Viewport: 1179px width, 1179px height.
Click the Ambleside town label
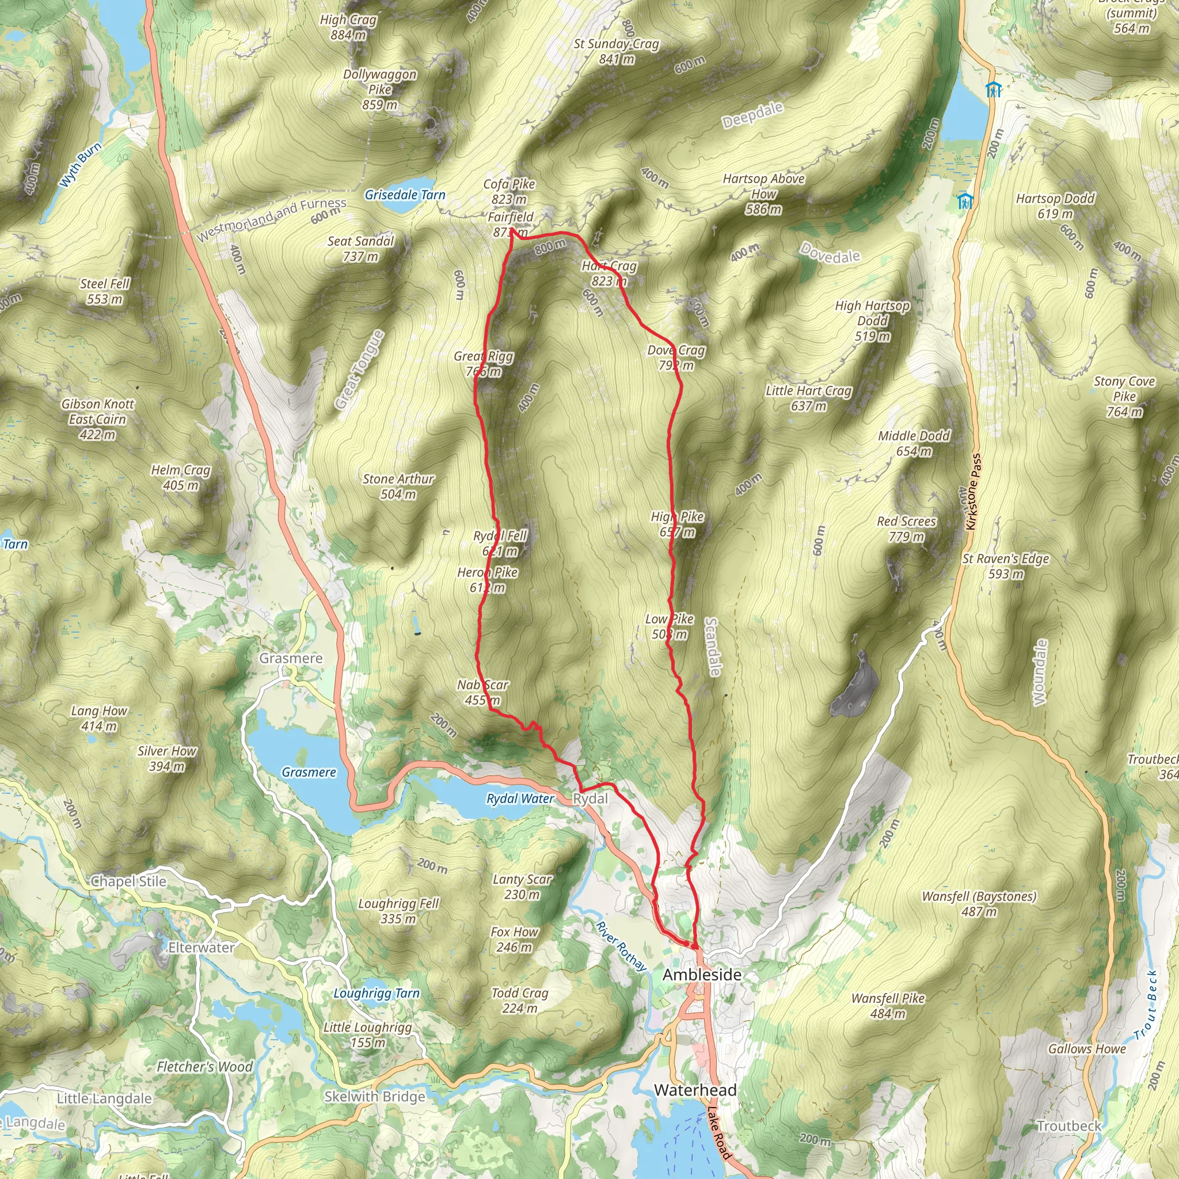point(702,975)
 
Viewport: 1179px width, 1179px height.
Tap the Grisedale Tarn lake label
point(405,195)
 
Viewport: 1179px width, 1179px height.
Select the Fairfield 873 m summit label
point(510,224)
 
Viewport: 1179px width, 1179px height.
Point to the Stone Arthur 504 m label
point(398,486)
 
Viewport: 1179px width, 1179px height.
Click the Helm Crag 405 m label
point(181,477)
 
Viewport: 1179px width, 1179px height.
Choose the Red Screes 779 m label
point(906,528)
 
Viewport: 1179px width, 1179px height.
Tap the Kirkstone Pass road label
point(974,492)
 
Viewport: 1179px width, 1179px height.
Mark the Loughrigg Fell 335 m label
point(398,911)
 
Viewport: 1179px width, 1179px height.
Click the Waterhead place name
point(695,1090)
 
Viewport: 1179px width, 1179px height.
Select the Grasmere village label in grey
point(291,659)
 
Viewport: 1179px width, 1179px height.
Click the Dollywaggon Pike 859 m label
point(379,89)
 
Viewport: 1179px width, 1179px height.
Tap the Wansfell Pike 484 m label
point(888,1006)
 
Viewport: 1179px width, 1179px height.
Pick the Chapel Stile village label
point(128,881)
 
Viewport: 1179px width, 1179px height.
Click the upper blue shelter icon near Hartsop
point(994,90)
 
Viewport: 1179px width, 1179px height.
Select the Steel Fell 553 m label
point(105,291)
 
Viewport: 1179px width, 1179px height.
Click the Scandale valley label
point(712,646)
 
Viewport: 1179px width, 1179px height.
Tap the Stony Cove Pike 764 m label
point(1124,396)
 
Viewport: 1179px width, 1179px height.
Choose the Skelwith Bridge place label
point(374,1097)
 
